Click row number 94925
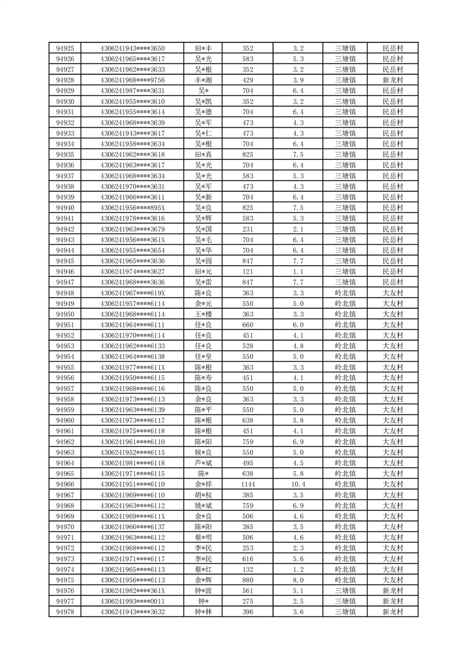pos(65,48)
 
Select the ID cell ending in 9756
pos(133,80)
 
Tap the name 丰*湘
pos(204,80)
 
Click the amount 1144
pos(248,484)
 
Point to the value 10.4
pos(298,484)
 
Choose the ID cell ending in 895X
pos(133,208)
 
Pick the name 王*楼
pos(204,314)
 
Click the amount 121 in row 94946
pos(248,272)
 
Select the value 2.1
pos(298,229)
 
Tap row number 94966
pos(65,484)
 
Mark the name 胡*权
pos(204,495)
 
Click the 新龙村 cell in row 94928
pos(392,80)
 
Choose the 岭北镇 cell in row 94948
pos(345,293)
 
